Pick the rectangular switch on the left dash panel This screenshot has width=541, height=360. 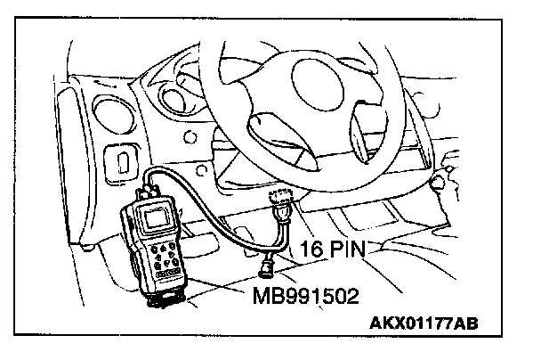point(120,161)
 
